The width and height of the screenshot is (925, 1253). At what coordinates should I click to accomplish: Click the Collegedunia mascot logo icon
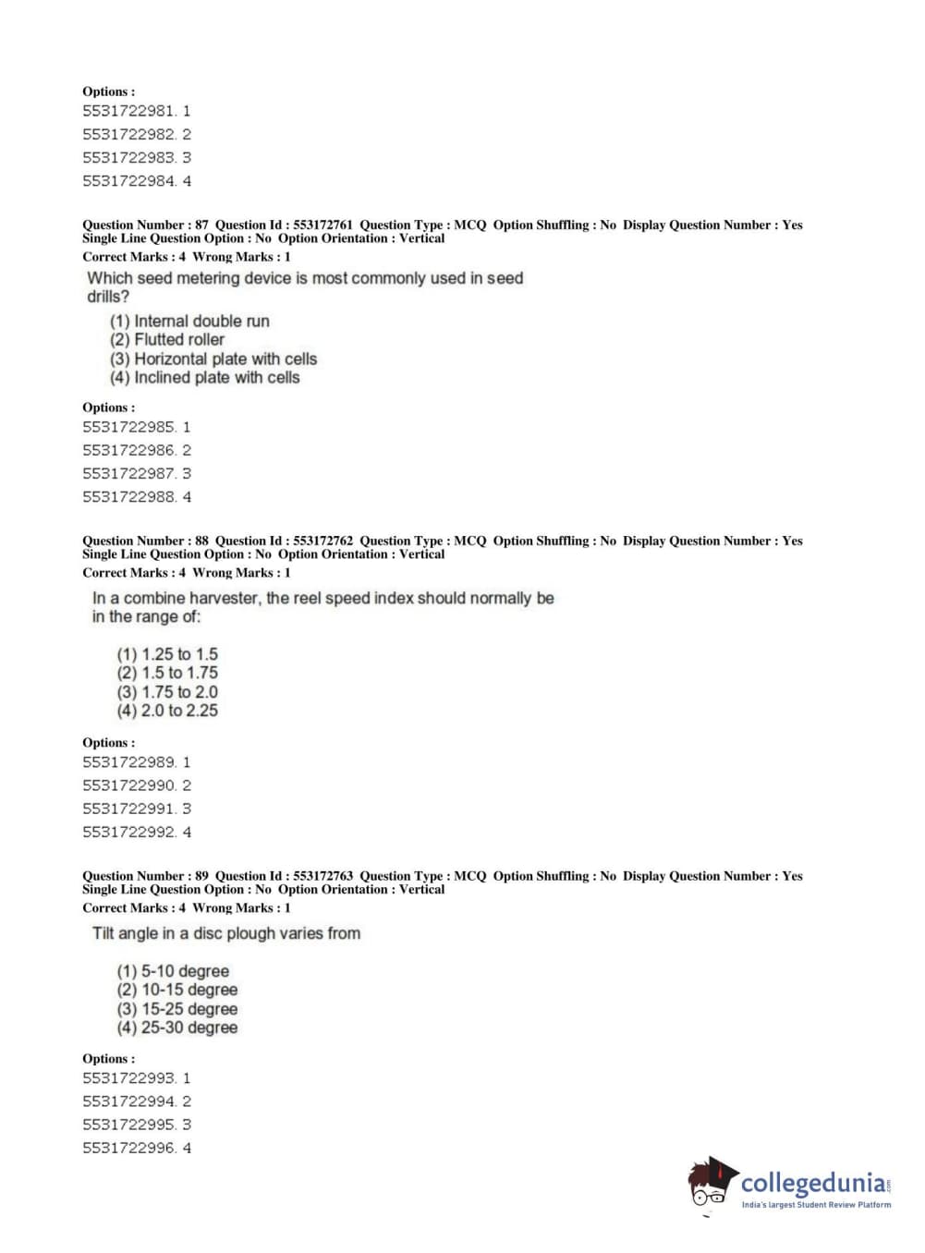click(711, 1182)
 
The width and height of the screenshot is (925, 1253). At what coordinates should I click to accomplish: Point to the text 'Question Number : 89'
click(145, 876)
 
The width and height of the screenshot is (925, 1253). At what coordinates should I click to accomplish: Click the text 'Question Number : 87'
click(145, 225)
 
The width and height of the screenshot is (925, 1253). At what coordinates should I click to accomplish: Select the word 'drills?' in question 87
click(108, 297)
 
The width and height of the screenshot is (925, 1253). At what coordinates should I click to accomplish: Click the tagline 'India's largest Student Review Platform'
click(816, 1205)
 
